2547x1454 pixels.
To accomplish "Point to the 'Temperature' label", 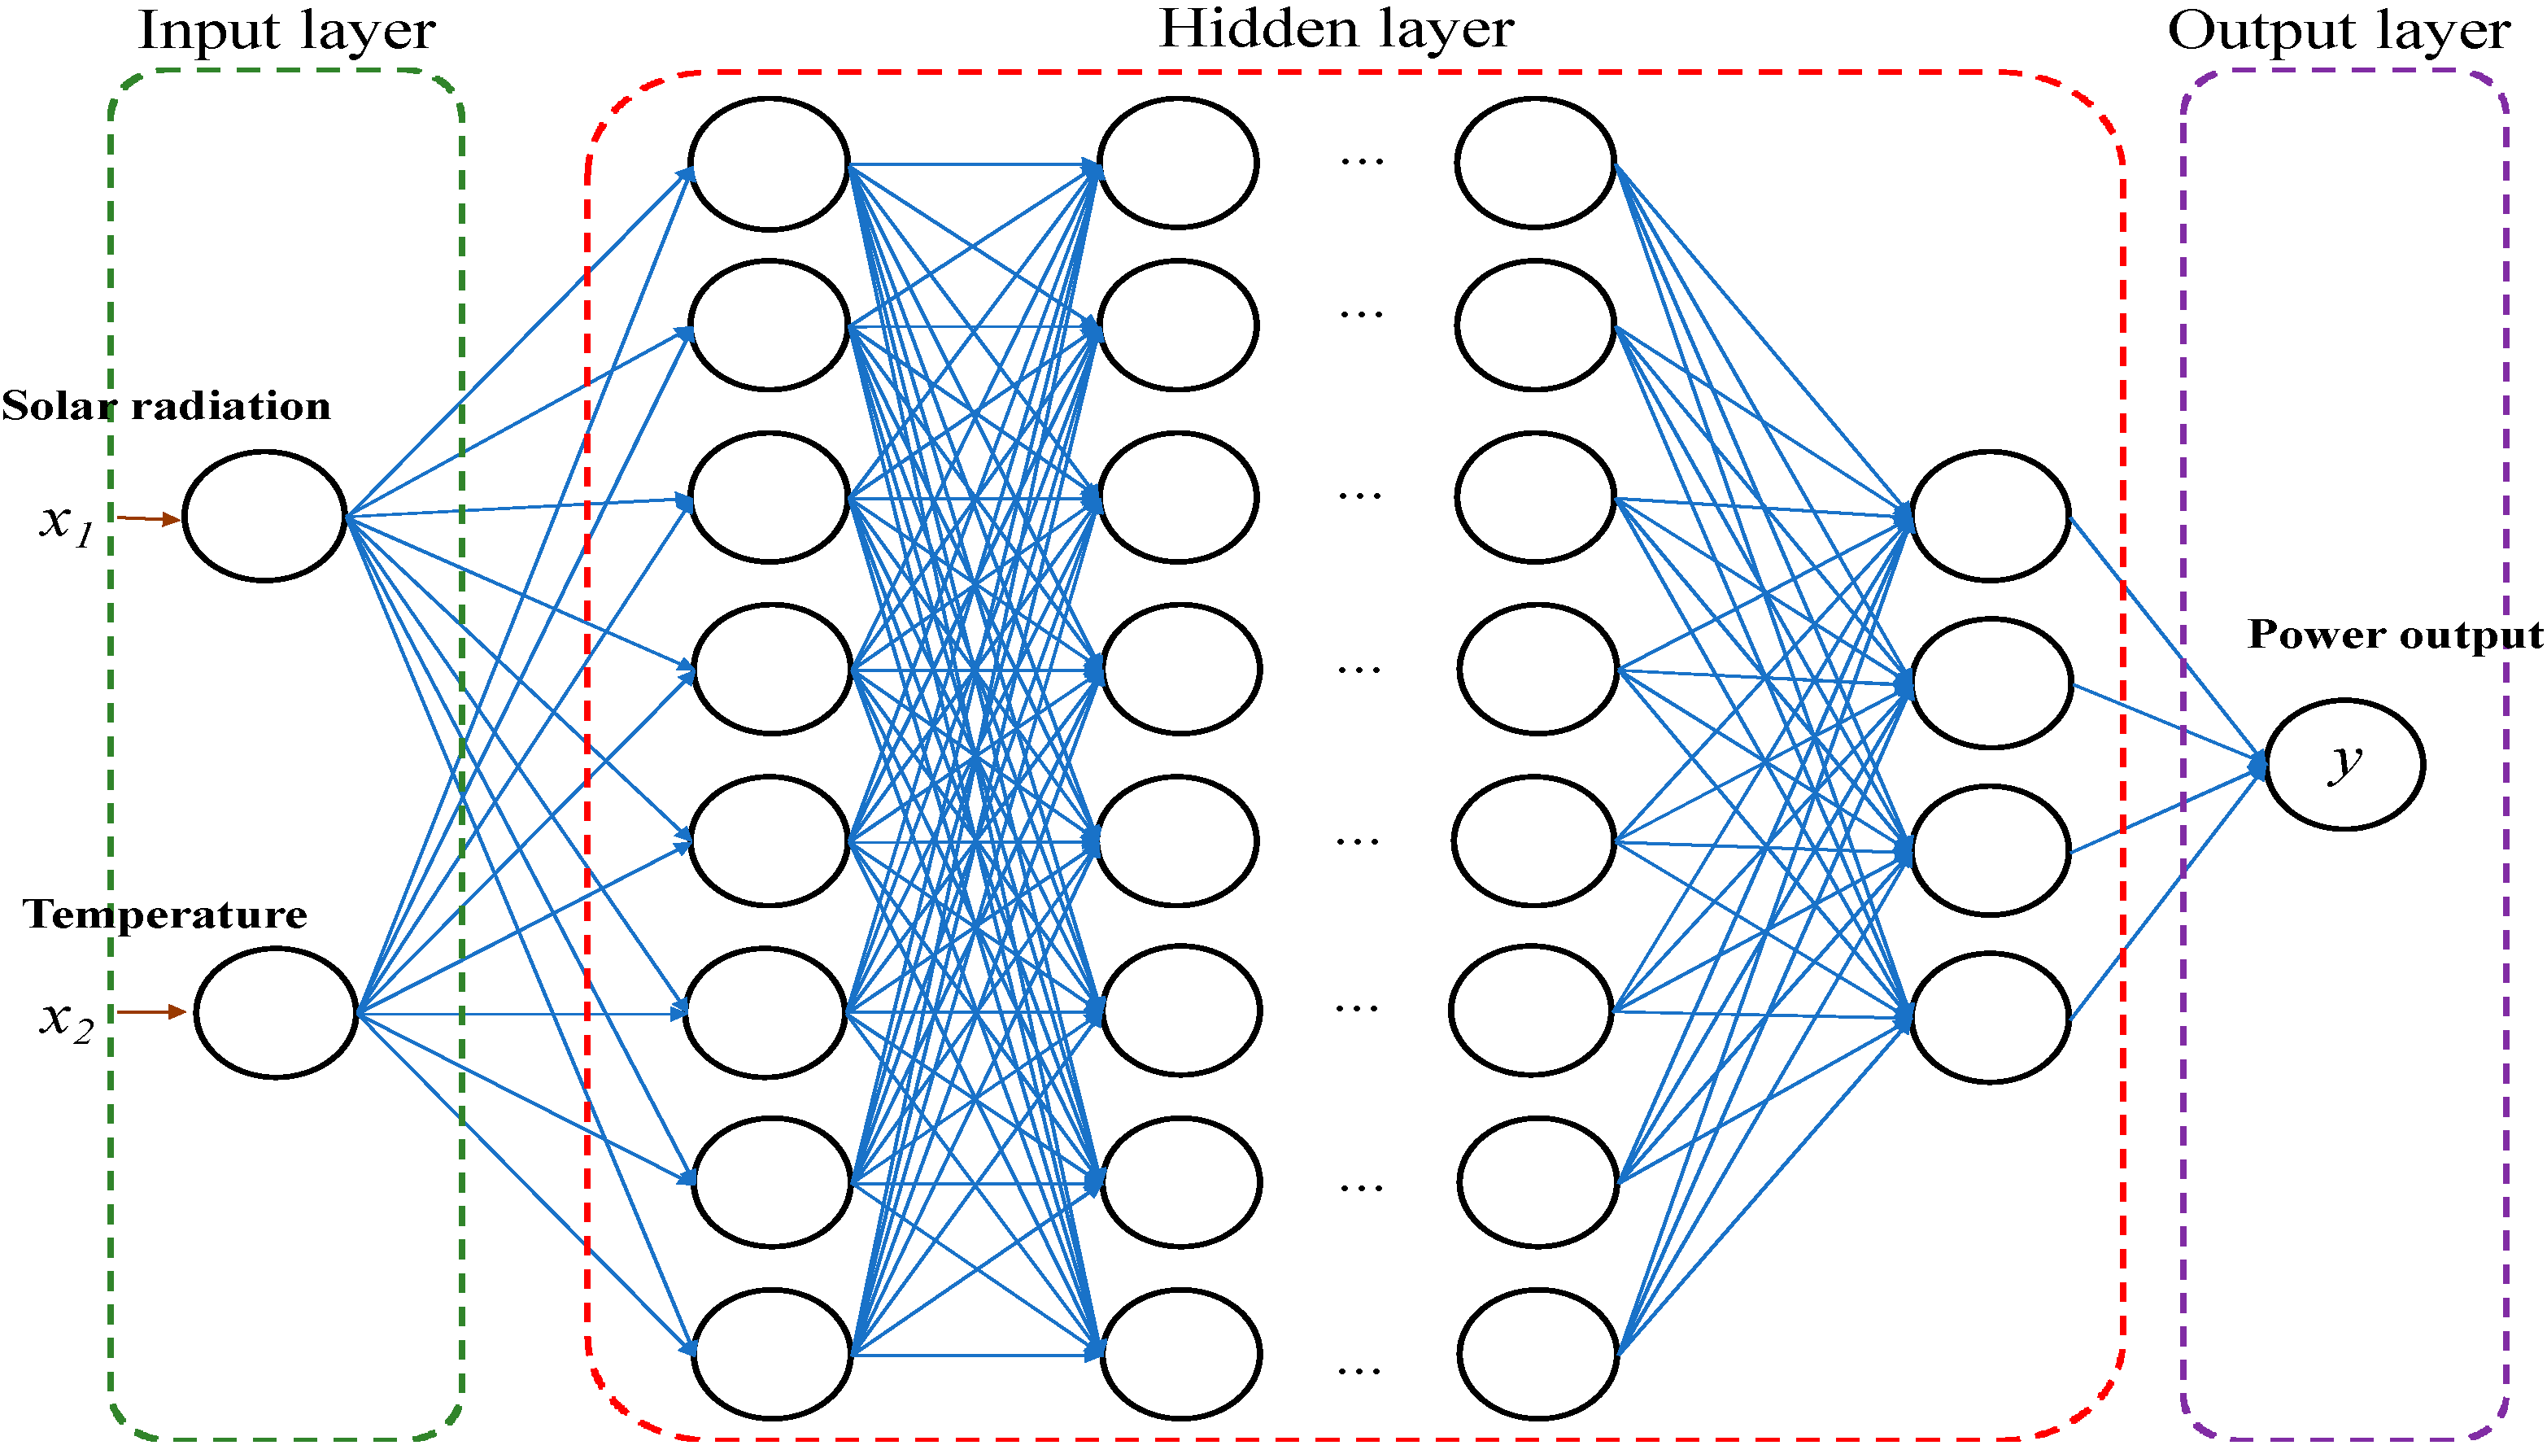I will coord(166,915).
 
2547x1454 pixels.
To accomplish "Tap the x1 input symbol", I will coord(66,522).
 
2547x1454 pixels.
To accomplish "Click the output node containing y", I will coord(2344,764).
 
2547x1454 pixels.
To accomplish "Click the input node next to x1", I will coord(264,517).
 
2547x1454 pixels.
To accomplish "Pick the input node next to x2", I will coord(276,1013).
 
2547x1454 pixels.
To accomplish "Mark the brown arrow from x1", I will coord(149,518).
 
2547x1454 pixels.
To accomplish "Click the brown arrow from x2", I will coord(152,1011).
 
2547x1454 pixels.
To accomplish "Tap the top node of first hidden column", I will coord(769,164).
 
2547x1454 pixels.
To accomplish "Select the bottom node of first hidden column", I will coord(772,1353).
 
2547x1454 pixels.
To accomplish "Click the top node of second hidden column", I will coord(1178,163).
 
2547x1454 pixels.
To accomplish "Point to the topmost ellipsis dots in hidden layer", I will coord(1362,159).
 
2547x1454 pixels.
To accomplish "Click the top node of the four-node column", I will coord(1990,517).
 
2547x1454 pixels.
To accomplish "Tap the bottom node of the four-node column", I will coord(1990,1018).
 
